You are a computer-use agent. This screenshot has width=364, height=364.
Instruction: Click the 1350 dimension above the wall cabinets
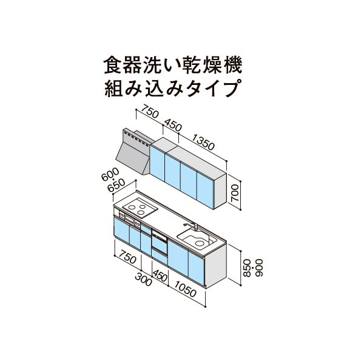(x=203, y=142)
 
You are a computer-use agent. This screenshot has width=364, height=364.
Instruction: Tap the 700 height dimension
(x=234, y=193)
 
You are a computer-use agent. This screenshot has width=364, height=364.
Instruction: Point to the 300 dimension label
(x=143, y=280)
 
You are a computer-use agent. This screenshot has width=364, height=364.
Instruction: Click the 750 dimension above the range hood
(x=150, y=111)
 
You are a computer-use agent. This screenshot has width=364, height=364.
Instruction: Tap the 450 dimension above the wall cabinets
(x=173, y=125)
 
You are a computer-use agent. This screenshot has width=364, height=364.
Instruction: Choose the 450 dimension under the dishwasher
(x=160, y=275)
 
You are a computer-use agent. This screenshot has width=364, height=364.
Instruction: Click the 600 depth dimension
(x=110, y=174)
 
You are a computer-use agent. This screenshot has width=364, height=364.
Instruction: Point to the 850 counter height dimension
(x=248, y=268)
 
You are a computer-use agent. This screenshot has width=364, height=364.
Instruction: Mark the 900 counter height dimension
(x=259, y=268)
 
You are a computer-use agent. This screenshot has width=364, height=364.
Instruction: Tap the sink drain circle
(x=199, y=243)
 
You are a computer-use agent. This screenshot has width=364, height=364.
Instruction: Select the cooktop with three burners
(x=140, y=207)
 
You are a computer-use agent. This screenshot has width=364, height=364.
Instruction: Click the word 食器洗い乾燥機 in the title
(x=173, y=66)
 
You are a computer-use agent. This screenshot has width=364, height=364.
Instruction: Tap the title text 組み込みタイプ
(x=172, y=89)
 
